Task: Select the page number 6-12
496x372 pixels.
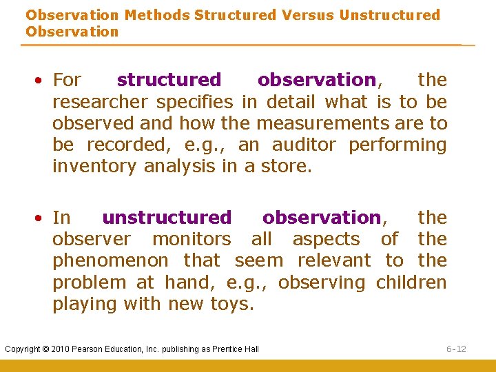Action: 456,349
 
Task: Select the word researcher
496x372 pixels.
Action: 102,103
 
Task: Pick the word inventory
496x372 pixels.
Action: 95,167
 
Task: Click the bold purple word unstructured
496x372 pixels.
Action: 167,218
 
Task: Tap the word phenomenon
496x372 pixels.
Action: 110,261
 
